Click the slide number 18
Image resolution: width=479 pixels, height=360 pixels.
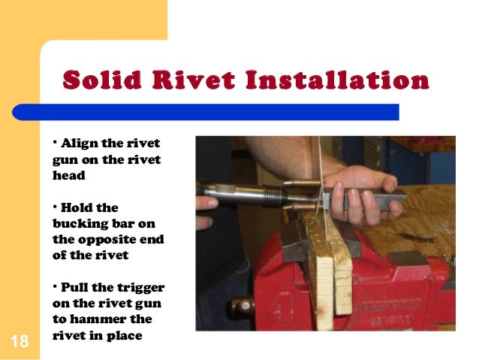[x=20, y=342]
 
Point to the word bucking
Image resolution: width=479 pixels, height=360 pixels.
[x=80, y=223]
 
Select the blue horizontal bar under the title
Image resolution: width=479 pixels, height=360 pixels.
[x=218, y=111]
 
